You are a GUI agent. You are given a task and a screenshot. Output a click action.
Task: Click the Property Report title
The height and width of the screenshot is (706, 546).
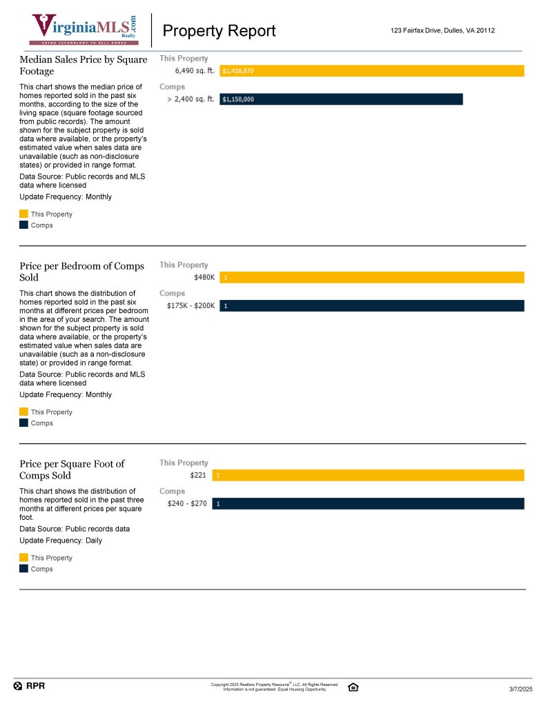pos(219,31)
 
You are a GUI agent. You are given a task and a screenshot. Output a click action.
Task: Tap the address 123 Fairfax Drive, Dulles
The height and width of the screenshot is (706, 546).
pos(442,30)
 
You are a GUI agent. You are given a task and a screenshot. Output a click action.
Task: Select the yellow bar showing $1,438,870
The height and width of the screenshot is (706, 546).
pos(372,71)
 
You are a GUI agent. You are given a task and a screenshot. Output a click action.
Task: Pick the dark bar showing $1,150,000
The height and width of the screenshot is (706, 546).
pos(341,99)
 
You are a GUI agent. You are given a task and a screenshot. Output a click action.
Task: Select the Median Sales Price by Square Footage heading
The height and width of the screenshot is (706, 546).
pos(83,65)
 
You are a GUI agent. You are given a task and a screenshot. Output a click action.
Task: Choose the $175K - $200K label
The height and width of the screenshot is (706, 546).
pos(191,306)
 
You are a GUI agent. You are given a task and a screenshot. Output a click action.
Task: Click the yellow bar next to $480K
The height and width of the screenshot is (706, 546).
pos(372,278)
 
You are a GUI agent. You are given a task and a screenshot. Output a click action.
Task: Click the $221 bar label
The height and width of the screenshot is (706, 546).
pos(199,476)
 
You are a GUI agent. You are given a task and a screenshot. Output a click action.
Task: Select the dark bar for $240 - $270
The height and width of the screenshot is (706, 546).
pos(368,504)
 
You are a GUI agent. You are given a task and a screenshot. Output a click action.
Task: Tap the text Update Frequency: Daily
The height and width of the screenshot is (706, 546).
pos(61,541)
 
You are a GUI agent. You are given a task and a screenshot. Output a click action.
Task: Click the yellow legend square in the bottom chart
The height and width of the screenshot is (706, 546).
pos(23,558)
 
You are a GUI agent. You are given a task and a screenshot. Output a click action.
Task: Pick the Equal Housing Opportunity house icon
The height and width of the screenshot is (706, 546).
pos(353,687)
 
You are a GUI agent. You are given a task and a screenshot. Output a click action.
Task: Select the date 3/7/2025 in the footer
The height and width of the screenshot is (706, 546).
pos(520,689)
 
